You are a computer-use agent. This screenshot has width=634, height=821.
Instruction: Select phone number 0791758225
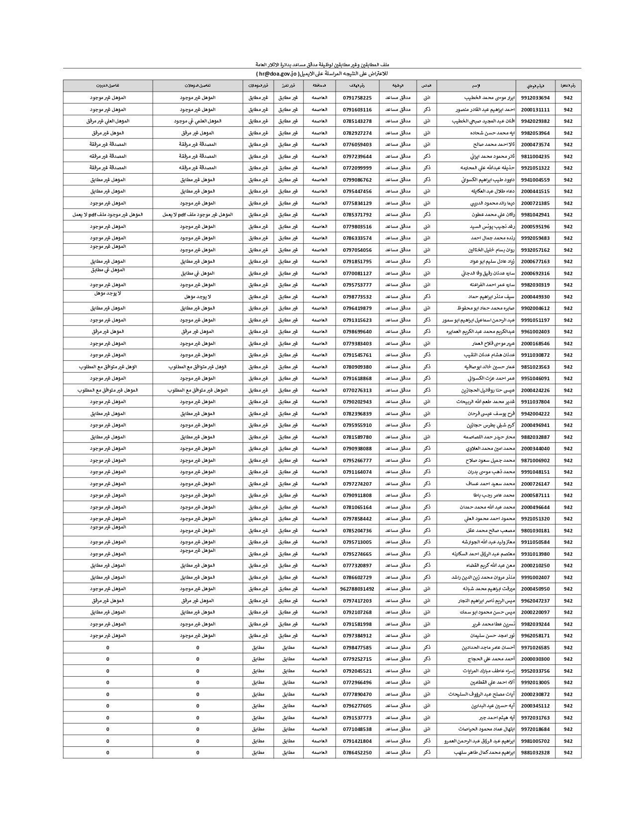[357, 98]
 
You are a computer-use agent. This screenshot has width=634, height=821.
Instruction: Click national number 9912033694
[536, 98]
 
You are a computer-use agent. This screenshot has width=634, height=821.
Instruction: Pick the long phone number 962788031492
[357, 589]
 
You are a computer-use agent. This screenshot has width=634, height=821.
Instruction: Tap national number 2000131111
[536, 110]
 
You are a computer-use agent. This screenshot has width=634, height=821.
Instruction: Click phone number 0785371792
[357, 215]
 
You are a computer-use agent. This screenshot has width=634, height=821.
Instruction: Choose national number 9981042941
[536, 215]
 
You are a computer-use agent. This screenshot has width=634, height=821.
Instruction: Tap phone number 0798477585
[357, 648]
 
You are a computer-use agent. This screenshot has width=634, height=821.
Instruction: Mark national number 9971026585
[536, 648]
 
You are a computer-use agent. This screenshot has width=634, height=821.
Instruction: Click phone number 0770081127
[357, 274]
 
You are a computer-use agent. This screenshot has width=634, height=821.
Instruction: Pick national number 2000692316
[536, 274]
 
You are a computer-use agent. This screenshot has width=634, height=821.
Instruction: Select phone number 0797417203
[357, 601]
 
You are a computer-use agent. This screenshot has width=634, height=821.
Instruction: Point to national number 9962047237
[536, 601]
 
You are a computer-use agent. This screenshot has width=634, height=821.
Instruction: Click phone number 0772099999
[357, 168]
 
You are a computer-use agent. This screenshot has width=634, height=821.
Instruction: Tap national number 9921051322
[536, 168]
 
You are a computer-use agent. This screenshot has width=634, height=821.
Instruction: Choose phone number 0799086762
[357, 180]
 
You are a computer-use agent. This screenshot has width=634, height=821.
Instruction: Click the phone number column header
[357, 86]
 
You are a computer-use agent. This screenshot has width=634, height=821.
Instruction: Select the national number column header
[536, 86]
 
